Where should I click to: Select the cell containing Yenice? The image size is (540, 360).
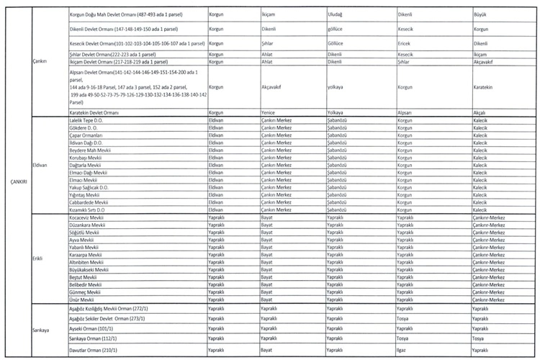click(x=268, y=112)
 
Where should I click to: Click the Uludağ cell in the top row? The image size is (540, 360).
click(x=336, y=14)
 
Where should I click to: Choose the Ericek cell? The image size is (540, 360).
click(x=405, y=42)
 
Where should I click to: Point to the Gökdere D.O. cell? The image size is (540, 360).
click(x=85, y=127)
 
